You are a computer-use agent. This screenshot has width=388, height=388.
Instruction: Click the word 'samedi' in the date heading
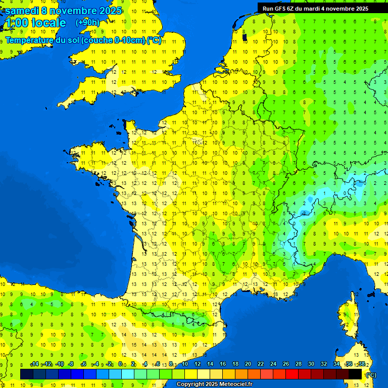(x=21, y=11)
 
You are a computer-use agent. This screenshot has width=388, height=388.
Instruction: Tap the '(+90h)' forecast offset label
(x=87, y=22)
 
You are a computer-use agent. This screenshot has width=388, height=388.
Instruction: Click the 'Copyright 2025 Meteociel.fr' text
(x=215, y=384)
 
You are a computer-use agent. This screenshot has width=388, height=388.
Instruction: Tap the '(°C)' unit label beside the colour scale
(x=371, y=374)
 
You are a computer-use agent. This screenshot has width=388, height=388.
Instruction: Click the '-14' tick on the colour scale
(x=34, y=364)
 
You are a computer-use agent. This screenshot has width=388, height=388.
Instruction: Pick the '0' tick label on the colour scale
(x=120, y=364)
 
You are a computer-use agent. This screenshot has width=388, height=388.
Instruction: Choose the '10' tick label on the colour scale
(x=184, y=364)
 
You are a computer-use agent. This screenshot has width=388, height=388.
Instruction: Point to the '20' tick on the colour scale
(x=248, y=364)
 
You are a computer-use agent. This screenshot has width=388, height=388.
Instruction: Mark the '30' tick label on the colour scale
(x=311, y=364)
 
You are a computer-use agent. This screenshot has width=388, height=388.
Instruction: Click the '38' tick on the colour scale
(x=362, y=364)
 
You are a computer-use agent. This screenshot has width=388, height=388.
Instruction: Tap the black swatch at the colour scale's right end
(x=356, y=374)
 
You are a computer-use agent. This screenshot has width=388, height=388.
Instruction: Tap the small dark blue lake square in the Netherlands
(x=245, y=37)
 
